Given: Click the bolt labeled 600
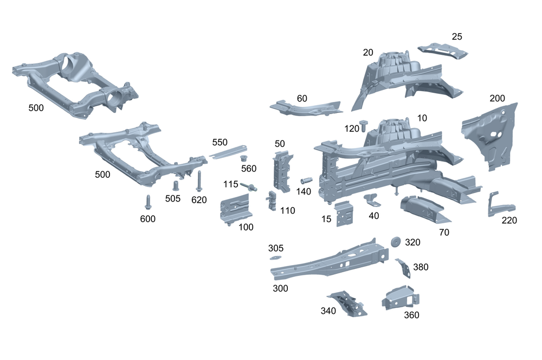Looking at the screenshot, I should click(147, 202).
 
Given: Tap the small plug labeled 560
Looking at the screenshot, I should click(244, 158).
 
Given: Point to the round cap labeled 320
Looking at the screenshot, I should click(395, 241).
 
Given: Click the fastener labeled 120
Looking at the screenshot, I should click(364, 124).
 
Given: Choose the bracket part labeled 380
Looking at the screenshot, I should click(404, 267).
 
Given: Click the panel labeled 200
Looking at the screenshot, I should click(490, 136).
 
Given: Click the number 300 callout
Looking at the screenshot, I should click(280, 288).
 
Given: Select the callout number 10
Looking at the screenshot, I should click(422, 118).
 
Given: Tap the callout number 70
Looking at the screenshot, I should click(443, 232).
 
